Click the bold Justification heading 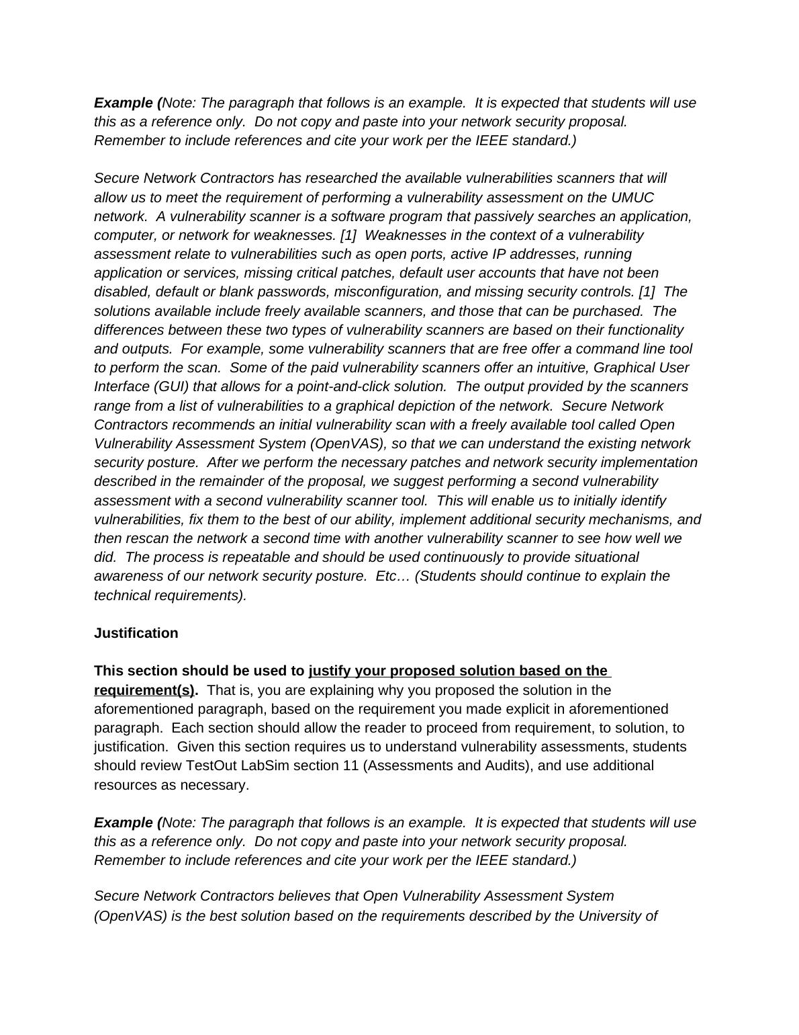(x=136, y=633)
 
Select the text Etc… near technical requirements (x=389, y=576)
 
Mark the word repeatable (x=238, y=557)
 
